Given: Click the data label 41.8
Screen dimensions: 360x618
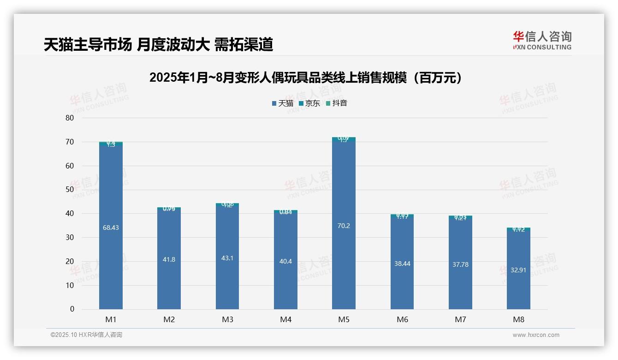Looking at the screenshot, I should click(x=169, y=260).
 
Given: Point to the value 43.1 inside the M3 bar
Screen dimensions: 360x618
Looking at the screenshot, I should click(x=227, y=258).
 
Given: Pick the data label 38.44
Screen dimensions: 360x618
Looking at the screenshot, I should click(x=402, y=264).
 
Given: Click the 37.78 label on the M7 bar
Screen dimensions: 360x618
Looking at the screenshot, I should click(x=460, y=265).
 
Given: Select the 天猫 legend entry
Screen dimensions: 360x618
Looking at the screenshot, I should click(x=283, y=103).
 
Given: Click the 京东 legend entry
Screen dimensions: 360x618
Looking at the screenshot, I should click(x=309, y=103).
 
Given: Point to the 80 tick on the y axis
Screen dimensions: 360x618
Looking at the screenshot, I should click(x=70, y=118).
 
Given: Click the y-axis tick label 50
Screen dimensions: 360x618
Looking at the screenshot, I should click(x=70, y=190).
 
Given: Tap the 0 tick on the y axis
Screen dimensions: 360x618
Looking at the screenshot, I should click(x=72, y=309).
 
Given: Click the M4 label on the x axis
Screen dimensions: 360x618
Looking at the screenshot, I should click(x=285, y=319).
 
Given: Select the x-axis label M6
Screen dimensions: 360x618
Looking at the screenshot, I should click(x=402, y=319).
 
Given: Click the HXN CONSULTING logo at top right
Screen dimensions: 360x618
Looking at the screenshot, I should click(x=542, y=41).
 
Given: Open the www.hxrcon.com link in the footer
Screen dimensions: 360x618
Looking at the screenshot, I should click(x=536, y=335).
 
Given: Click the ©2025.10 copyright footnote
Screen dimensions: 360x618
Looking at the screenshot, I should click(x=86, y=335).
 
